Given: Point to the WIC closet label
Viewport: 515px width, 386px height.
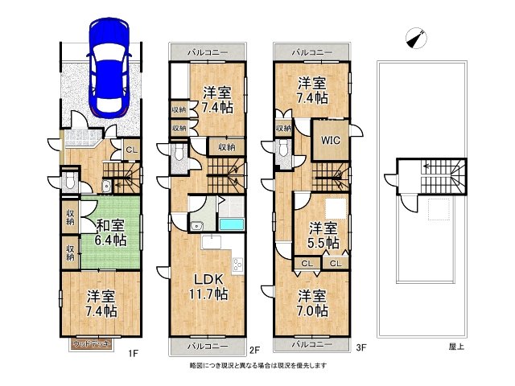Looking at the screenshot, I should point(331,141).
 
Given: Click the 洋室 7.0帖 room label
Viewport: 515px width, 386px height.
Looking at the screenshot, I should point(310,302).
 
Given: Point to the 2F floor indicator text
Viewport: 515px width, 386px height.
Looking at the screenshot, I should point(253,349).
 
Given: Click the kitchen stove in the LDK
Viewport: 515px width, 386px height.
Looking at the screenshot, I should point(237,262).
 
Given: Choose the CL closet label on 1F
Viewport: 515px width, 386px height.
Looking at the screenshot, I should point(130,147).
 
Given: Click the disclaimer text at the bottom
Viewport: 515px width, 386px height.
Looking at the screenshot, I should point(257,365).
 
